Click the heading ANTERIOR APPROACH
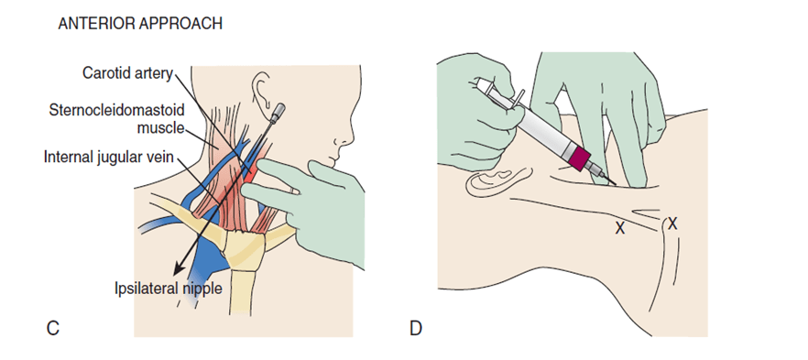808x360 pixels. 140,24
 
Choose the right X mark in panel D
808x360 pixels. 673,223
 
